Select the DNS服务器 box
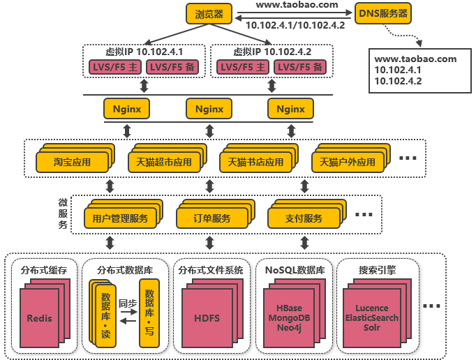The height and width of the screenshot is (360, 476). [x=382, y=13]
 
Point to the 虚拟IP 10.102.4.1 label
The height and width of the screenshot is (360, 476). [x=144, y=52]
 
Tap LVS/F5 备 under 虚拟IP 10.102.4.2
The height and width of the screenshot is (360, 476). [x=298, y=67]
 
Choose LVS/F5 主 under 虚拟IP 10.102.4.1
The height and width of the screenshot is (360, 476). [x=113, y=67]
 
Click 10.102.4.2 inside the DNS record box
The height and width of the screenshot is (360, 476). [x=398, y=81]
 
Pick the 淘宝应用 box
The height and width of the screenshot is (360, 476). [x=73, y=162]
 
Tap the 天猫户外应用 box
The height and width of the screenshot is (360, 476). [x=347, y=162]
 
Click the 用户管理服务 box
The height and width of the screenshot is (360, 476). [x=120, y=218]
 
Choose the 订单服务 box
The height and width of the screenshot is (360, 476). [x=212, y=218]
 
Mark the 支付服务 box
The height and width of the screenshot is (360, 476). [x=304, y=218]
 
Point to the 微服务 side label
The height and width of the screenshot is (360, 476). [x=63, y=213]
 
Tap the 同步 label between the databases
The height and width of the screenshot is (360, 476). [x=128, y=303]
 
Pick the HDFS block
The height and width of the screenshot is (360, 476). [x=207, y=318]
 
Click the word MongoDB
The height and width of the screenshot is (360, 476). [x=289, y=317]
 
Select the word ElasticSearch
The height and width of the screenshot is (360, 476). [x=372, y=317]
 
